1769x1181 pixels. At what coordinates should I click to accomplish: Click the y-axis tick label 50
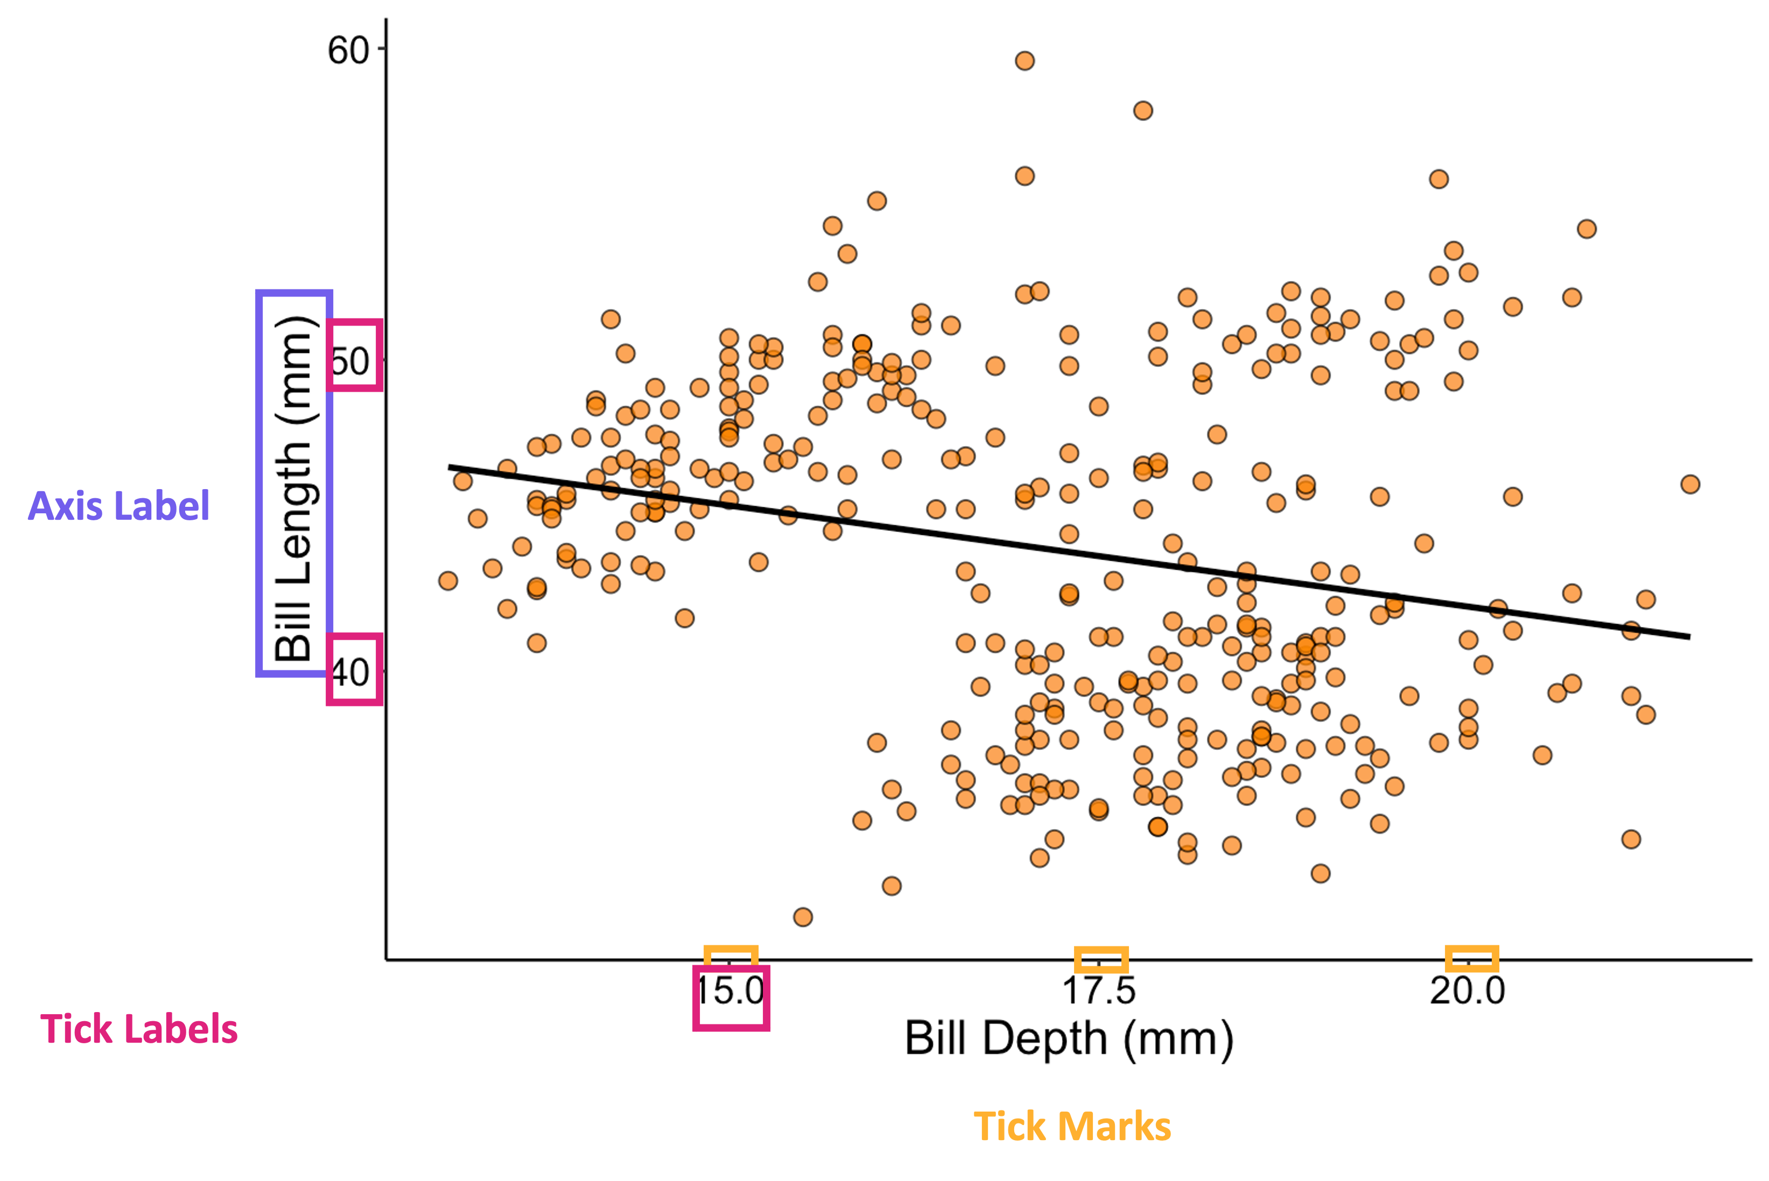tap(351, 362)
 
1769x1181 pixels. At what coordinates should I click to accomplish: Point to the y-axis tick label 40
tap(351, 673)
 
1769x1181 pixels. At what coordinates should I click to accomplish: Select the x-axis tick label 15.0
tap(730, 991)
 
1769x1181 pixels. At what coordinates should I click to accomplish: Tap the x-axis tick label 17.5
tap(1098, 991)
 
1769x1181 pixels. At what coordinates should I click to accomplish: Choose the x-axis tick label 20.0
tap(1467, 991)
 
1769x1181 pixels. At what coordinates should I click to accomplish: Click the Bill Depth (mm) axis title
tap(1068, 1039)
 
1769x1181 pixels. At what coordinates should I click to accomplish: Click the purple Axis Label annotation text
tap(119, 506)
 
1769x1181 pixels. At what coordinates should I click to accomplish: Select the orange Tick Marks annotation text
tap(1072, 1127)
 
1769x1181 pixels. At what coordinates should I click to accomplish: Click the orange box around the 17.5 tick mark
tap(1101, 959)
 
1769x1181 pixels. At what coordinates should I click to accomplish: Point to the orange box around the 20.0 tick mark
tap(1471, 959)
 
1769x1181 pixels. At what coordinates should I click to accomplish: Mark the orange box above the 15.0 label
tap(730, 956)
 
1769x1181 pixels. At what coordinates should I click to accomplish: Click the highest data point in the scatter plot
tap(1024, 61)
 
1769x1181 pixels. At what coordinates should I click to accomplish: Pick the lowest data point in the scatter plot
tap(803, 917)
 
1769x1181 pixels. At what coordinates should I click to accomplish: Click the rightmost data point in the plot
tap(1690, 484)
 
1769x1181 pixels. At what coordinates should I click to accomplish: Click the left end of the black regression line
tap(451, 467)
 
